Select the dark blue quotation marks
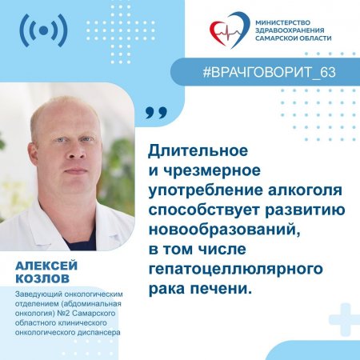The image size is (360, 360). point(157,113)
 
